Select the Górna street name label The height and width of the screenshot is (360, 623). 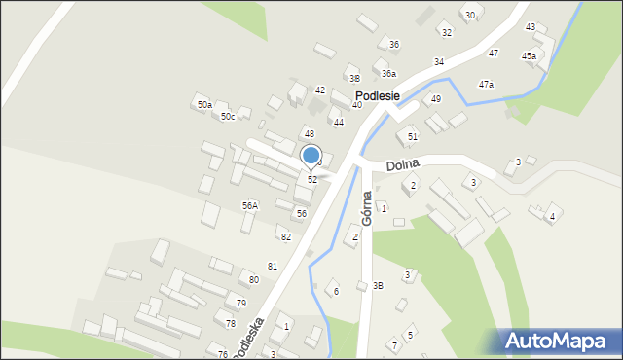367,207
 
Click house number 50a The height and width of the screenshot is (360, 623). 204,104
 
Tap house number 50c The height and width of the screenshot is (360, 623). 227,117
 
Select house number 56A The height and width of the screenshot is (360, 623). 250,206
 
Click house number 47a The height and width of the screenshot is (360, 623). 486,85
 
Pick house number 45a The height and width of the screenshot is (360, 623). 529,56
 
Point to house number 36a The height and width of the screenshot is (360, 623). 388,74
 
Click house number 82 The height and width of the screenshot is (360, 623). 285,237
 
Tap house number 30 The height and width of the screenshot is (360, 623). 469,15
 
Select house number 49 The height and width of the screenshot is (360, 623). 436,99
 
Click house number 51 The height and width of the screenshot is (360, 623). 413,136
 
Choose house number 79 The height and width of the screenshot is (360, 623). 240,304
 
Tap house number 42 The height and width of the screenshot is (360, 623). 319,90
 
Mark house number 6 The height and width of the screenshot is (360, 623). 337,291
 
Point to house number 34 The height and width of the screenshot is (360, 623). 439,62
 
